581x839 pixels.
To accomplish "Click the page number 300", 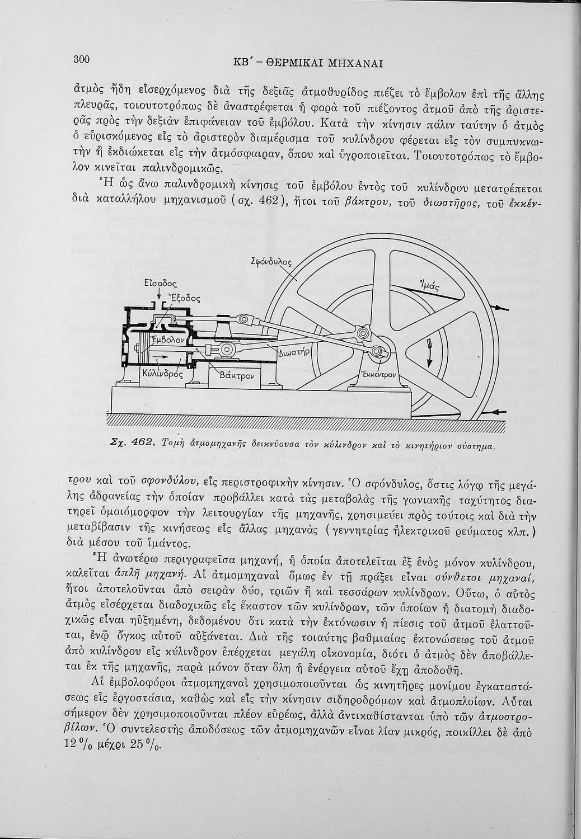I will [x=82, y=60].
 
